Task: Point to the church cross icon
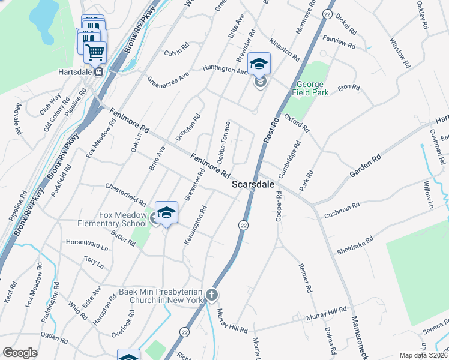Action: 211,295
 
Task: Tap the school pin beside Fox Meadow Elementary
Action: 167,212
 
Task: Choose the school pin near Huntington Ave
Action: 259,64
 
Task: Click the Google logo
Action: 20,353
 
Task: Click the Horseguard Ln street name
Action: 87,247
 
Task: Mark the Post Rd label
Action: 271,130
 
